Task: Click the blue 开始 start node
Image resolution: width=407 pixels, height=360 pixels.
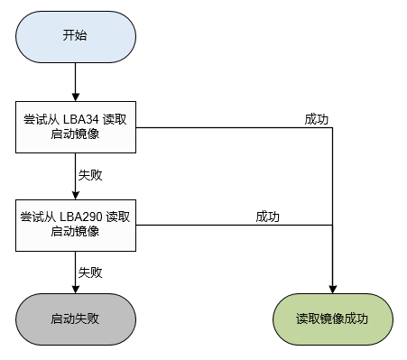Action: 75,36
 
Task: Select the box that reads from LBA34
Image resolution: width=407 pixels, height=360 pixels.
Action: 75,125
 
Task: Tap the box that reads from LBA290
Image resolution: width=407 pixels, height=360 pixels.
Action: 75,224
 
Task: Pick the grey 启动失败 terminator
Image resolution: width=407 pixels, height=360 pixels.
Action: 75,318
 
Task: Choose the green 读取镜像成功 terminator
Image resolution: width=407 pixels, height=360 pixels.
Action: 333,318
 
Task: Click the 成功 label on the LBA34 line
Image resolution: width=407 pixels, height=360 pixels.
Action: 318,118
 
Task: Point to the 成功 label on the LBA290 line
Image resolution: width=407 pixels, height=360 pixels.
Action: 268,217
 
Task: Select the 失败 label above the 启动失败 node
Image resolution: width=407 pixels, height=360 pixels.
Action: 90,272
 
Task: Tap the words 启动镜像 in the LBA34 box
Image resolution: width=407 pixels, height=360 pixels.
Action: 75,134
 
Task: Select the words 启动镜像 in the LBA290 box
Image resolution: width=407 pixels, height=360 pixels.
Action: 75,232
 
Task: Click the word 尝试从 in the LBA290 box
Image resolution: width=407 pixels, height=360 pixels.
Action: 38,217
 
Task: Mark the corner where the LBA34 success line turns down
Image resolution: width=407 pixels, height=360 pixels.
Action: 334,126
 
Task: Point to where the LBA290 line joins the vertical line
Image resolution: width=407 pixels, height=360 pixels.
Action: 334,224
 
